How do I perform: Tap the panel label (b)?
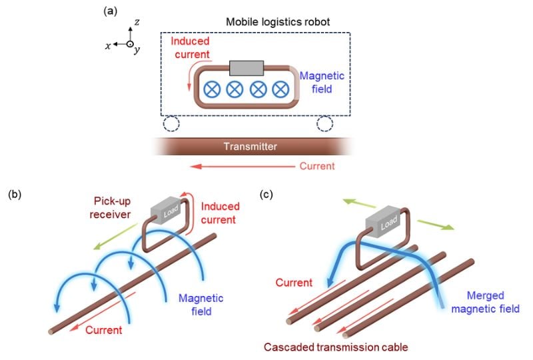(15, 195)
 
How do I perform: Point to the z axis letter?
(136, 22)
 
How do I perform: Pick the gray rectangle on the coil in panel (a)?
(247, 68)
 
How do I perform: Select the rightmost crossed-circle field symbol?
(280, 88)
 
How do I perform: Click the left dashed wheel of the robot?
(171, 124)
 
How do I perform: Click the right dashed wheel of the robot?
(324, 124)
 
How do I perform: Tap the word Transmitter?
(250, 145)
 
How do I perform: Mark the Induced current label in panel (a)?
(193, 47)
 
